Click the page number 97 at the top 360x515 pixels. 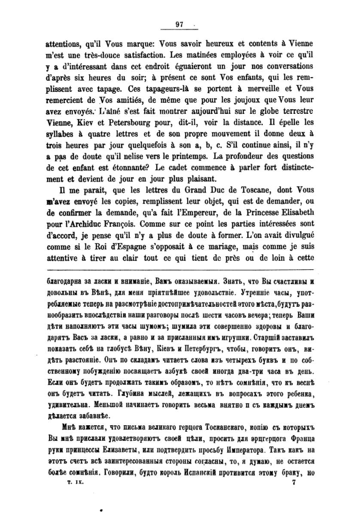click(x=180, y=24)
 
